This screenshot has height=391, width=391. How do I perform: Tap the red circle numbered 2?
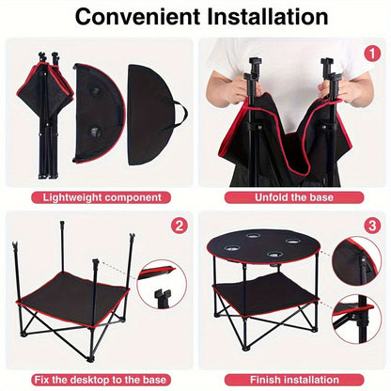point(180,227)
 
